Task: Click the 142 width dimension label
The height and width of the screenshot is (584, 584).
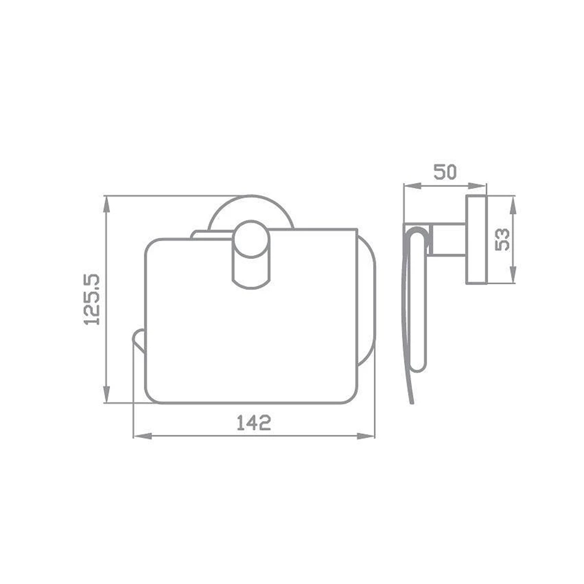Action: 254,423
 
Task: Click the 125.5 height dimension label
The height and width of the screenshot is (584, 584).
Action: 91,300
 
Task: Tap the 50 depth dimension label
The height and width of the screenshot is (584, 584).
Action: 445,172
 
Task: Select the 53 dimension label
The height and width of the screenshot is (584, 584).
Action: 502,240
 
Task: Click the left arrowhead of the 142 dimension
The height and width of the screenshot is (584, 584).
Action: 143,436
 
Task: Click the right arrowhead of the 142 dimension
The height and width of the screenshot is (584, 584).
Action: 366,436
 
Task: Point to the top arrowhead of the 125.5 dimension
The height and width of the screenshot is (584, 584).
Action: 106,205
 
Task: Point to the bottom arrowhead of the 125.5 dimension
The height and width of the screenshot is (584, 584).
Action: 106,394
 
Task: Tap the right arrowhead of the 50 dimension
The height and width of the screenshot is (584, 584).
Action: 477,186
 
